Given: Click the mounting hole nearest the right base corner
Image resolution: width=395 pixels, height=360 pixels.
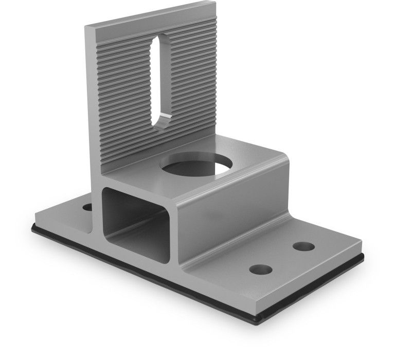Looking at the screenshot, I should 304,246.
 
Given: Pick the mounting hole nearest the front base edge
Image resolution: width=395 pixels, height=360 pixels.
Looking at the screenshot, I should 261,269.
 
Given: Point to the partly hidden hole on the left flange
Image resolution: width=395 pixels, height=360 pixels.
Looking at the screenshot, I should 87,207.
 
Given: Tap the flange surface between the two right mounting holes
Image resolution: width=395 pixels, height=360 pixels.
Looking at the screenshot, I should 283,257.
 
